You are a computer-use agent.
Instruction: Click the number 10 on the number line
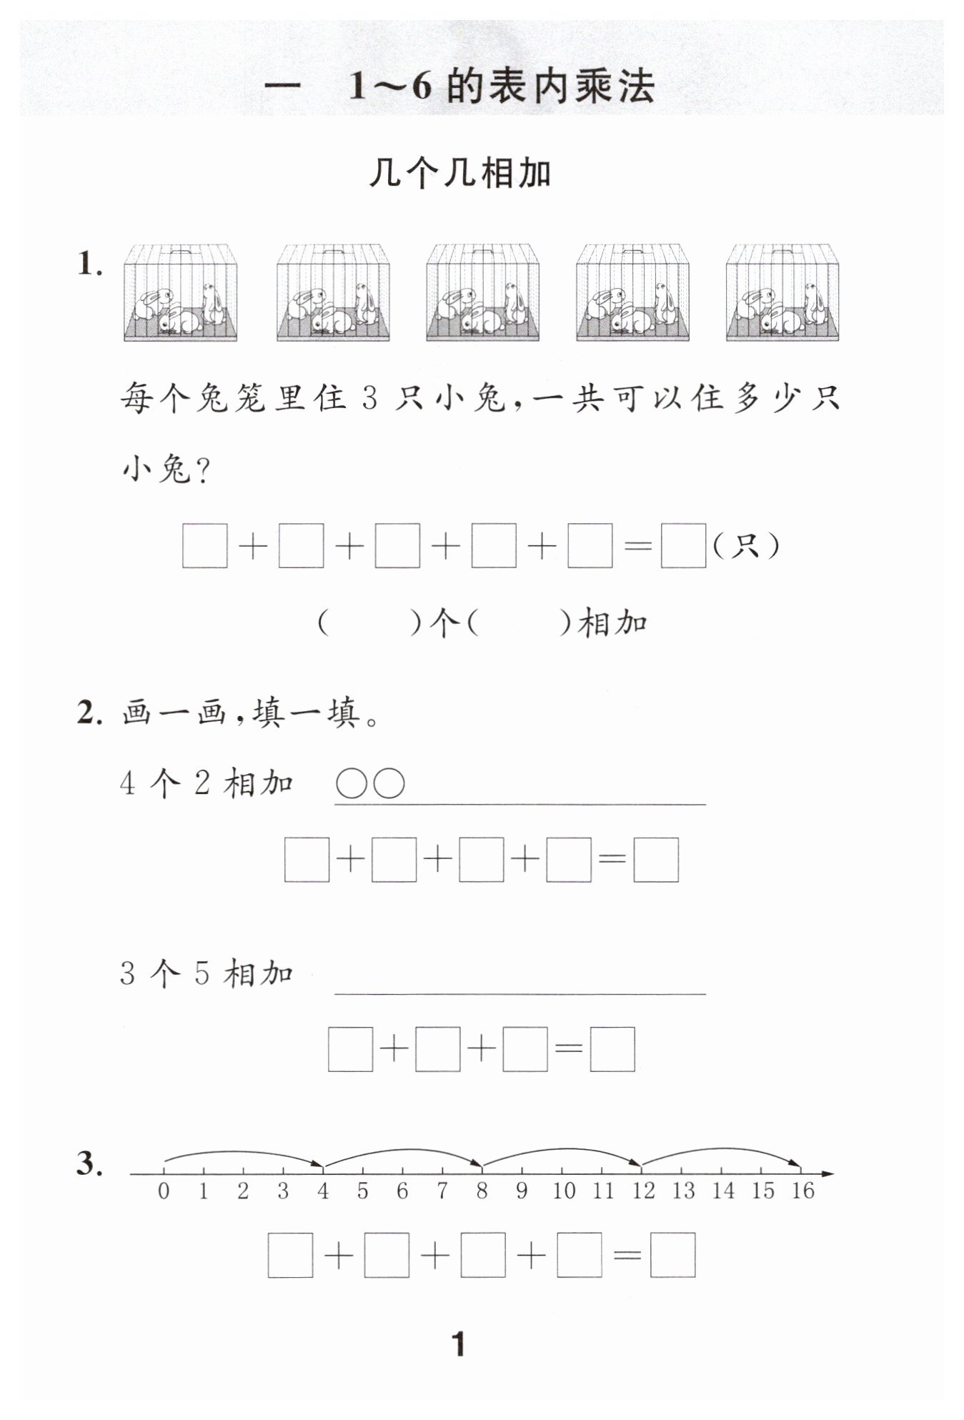coord(564,1191)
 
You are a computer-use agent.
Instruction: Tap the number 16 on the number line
coord(802,1191)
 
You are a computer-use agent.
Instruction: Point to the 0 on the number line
coord(164,1191)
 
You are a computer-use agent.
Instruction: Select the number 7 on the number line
coord(442,1191)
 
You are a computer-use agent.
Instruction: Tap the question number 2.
coord(90,713)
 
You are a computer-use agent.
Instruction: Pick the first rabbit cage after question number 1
coord(180,293)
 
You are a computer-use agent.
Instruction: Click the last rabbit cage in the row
coord(782,293)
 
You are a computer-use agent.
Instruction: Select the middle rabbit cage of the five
coord(482,293)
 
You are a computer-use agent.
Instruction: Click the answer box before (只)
coord(683,547)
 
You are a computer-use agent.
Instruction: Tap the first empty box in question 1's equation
coord(205,547)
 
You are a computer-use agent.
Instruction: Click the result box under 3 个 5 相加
coord(612,1049)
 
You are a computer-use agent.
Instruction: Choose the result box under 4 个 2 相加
coord(656,859)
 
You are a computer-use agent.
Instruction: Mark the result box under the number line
coord(672,1255)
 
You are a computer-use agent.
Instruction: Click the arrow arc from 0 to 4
coord(243,1153)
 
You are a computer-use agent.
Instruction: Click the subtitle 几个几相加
coord(460,174)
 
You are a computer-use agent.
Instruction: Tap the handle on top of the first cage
coord(180,252)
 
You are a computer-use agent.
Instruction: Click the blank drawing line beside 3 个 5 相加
coord(520,992)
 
